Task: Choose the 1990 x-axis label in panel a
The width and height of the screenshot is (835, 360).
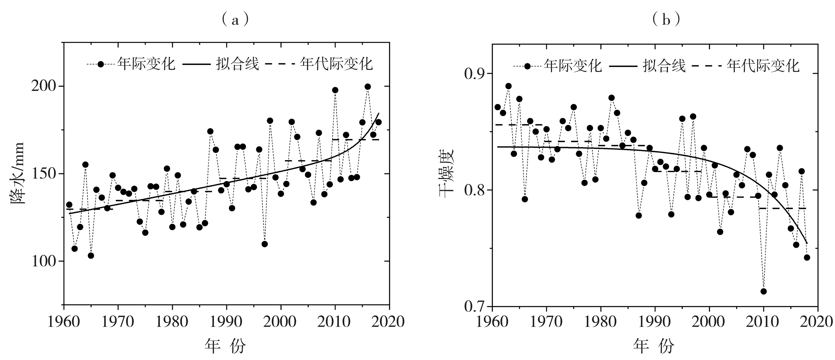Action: pyautogui.click(x=226, y=322)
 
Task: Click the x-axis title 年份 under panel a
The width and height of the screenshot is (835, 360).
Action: pyautogui.click(x=226, y=346)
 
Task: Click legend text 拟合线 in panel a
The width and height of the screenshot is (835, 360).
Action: pyautogui.click(x=238, y=64)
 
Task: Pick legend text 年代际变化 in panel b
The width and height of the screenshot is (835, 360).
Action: pyautogui.click(x=763, y=66)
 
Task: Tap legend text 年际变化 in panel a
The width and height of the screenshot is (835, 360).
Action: pyautogui.click(x=146, y=64)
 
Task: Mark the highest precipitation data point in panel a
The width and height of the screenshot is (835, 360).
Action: pyautogui.click(x=368, y=87)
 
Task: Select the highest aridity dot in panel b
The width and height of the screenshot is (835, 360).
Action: pyautogui.click(x=508, y=86)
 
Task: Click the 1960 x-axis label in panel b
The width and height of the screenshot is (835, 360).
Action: pyautogui.click(x=492, y=322)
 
